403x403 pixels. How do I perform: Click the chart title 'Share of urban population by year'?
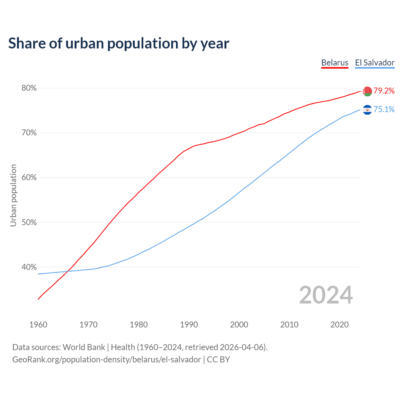(x=119, y=43)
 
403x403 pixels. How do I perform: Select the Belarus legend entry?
(x=335, y=63)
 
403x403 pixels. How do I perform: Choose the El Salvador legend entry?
(x=375, y=63)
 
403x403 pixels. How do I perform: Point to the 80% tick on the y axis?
(x=29, y=88)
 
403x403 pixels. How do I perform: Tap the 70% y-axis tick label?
(x=29, y=133)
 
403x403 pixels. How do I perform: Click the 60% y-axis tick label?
(x=29, y=178)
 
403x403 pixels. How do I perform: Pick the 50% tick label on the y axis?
(x=29, y=222)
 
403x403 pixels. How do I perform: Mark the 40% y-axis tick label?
(x=29, y=267)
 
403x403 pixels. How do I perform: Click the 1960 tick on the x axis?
(x=38, y=325)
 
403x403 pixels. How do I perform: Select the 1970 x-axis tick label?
(x=88, y=325)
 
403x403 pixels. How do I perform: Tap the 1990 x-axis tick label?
(x=189, y=325)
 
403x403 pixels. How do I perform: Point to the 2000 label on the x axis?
(x=239, y=325)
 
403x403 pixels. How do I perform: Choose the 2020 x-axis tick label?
(x=339, y=325)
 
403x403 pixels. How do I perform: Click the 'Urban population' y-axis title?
(x=13, y=195)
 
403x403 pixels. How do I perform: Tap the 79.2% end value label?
(x=384, y=91)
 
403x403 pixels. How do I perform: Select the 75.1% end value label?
(x=384, y=109)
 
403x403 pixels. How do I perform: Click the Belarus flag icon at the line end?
(x=367, y=91)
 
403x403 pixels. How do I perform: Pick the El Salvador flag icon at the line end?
(x=367, y=110)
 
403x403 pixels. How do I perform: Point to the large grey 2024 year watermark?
(x=326, y=295)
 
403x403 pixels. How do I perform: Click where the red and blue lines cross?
(x=67, y=271)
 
